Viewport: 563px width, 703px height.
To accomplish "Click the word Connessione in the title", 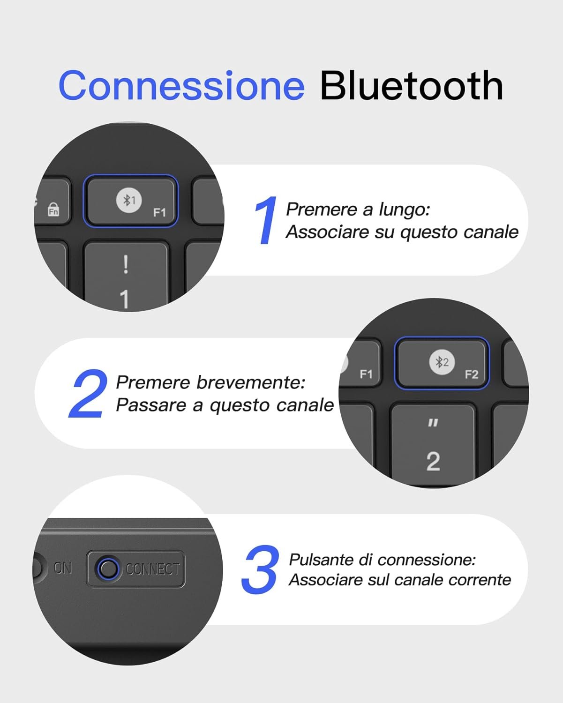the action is coord(181,85).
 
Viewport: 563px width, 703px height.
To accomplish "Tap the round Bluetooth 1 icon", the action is coord(129,200).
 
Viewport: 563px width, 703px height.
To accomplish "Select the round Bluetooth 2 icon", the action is coord(442,362).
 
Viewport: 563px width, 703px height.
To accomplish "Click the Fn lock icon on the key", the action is coord(53,209).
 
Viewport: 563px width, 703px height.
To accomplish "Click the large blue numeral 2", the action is coord(88,393).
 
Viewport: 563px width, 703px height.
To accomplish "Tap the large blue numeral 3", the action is coord(260,569).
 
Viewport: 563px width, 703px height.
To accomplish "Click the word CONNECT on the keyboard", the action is coord(153,569).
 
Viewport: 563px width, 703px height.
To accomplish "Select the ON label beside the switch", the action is coord(63,568).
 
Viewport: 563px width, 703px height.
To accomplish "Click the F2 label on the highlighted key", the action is coord(472,374).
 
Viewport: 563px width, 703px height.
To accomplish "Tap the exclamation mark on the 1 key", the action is coord(126,264).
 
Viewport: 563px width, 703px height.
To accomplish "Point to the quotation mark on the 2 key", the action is coord(433,423).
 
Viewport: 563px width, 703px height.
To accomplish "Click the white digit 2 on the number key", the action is coord(433,461).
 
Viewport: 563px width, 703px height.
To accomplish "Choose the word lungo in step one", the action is coord(404,210).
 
